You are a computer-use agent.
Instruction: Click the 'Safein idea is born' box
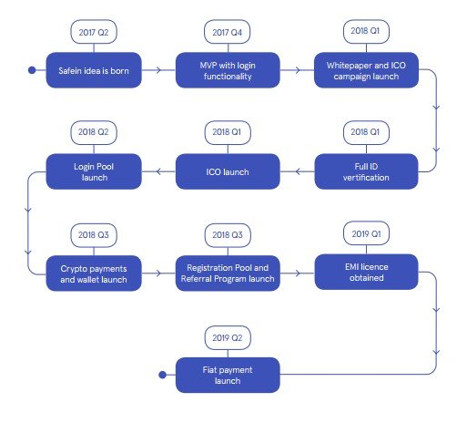(x=94, y=70)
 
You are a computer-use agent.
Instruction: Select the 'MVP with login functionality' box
(x=228, y=70)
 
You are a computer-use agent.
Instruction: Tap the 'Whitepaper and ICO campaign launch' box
(x=366, y=70)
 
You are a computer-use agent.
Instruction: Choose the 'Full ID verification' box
(x=366, y=171)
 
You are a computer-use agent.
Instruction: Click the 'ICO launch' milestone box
(x=228, y=171)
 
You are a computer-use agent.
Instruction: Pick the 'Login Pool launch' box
(x=94, y=171)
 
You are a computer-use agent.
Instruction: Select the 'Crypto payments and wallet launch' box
(x=94, y=273)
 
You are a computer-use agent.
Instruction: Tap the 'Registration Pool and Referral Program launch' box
(x=228, y=273)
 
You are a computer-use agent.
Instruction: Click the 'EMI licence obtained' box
(x=366, y=272)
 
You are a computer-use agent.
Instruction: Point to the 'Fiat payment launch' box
(x=228, y=375)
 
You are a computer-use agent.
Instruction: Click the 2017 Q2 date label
(x=94, y=32)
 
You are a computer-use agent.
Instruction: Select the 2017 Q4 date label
(x=228, y=32)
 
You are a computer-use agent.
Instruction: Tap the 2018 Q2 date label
(x=94, y=132)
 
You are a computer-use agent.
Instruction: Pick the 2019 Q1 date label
(x=366, y=233)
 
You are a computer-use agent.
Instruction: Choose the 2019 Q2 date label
(x=228, y=337)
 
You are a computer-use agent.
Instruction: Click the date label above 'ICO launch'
(x=228, y=132)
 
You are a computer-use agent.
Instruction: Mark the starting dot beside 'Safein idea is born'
(x=32, y=70)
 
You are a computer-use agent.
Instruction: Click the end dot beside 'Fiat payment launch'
(x=163, y=375)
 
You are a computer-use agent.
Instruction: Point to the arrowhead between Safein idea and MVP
(x=158, y=70)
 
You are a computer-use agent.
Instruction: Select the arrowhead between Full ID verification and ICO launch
(x=298, y=171)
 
